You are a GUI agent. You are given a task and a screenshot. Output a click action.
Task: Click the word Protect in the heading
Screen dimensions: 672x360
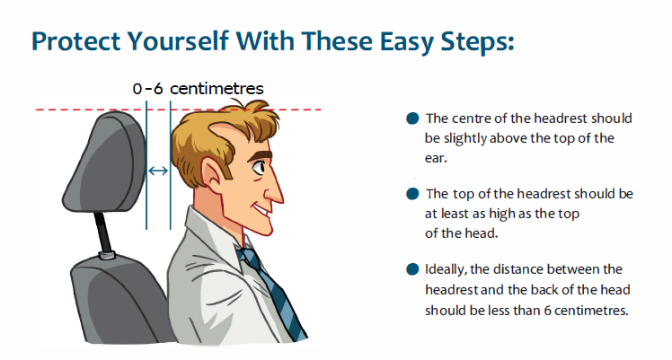pos(75,41)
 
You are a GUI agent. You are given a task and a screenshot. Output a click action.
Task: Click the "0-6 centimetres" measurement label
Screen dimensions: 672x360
pos(198,89)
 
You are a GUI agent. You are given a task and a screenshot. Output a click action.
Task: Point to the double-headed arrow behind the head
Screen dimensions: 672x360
pos(158,171)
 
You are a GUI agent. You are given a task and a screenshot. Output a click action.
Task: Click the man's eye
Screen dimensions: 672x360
pos(259,167)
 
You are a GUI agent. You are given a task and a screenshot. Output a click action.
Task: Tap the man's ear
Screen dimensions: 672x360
pos(213,172)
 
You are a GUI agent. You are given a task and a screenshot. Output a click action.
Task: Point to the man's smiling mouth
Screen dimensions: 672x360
pos(261,211)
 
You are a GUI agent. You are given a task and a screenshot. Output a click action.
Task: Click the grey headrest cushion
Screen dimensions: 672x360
pos(105,162)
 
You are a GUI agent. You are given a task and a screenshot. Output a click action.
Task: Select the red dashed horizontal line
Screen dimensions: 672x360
pos(178,110)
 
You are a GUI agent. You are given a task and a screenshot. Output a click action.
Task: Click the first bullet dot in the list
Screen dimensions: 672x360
pos(412,119)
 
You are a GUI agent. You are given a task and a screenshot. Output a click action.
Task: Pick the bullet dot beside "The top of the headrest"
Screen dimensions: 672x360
pos(412,194)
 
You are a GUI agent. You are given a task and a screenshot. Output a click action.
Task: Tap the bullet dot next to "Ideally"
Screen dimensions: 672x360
pos(412,269)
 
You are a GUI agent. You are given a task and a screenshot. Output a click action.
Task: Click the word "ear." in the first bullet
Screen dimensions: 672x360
pos(436,158)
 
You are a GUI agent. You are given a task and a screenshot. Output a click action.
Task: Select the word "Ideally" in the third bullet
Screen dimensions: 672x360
pos(446,269)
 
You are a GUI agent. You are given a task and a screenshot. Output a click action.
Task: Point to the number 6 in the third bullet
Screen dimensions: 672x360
pos(547,310)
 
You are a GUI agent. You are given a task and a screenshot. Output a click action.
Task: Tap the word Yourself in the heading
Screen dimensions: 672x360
pos(178,41)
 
